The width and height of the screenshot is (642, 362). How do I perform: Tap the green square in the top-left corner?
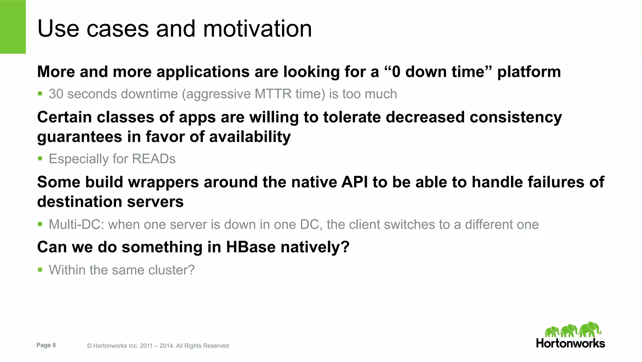point(13,27)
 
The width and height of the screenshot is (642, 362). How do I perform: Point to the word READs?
point(154,159)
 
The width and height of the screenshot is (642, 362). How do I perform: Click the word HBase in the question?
point(251,247)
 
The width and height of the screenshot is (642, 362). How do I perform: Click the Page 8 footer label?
point(46,345)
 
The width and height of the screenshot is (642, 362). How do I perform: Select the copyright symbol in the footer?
point(89,346)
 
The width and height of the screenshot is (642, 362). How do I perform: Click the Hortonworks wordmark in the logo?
point(571,343)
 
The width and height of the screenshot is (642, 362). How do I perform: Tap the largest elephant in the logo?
point(590,330)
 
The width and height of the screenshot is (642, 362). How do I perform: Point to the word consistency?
point(516,117)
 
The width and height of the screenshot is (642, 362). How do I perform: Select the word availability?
point(250,137)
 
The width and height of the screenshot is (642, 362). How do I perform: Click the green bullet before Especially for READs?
point(40,159)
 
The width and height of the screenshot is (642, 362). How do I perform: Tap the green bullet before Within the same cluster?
point(40,270)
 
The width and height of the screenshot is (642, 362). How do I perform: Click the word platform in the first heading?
point(529,72)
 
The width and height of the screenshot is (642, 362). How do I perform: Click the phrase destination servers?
point(110,202)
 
